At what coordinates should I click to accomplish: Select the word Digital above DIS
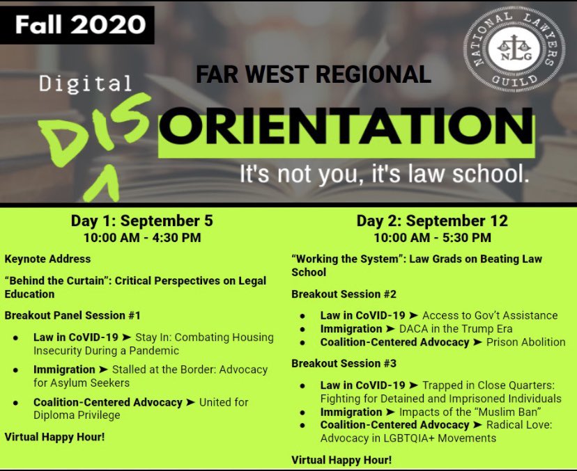(x=85, y=84)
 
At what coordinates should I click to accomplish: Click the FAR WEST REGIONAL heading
(x=314, y=74)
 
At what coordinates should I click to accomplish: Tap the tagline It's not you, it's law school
(x=384, y=173)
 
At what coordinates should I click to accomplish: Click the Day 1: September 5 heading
(x=141, y=221)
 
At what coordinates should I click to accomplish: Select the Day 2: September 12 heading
(x=432, y=221)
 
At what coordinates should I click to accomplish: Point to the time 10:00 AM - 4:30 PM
(x=141, y=237)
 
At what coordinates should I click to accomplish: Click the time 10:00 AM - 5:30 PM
(x=432, y=237)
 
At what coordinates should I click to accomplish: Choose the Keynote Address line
(x=47, y=259)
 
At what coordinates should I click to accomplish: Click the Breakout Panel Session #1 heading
(x=72, y=315)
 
